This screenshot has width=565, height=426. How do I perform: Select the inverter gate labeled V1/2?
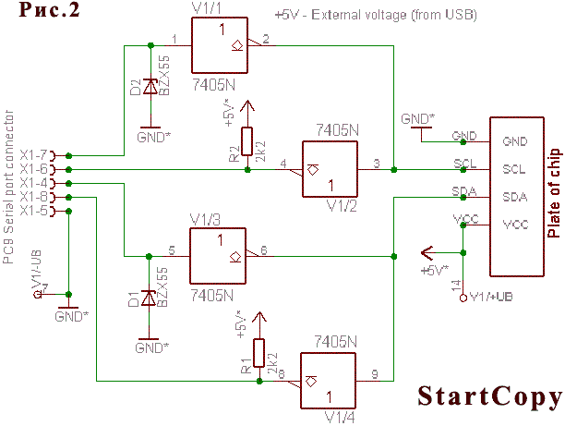331,169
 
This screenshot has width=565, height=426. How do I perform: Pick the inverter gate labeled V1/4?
330,379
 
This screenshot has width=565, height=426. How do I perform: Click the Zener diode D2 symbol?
149,89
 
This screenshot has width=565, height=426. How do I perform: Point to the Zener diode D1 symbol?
148,298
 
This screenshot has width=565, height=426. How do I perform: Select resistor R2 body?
246,141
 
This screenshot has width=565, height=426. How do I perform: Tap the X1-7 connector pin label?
33,154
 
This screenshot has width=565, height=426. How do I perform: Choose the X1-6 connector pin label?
33,169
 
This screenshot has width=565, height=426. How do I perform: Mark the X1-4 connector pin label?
33,183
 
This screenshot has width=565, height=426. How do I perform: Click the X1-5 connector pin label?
33,211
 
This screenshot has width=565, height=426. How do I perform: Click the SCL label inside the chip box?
513,170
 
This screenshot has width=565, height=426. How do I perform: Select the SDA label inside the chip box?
513,198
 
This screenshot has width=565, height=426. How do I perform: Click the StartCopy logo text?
489,396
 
